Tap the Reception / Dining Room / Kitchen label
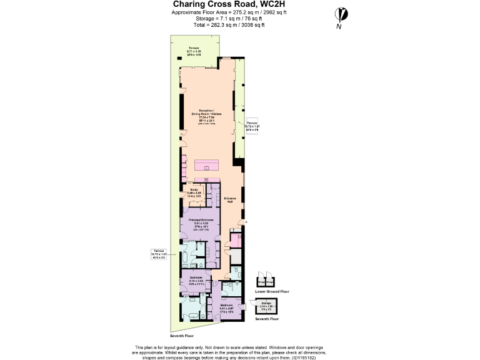pyautogui.click(x=206, y=115)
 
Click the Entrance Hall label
pyautogui.click(x=231, y=200)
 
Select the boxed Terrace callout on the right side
pyautogui.click(x=252, y=126)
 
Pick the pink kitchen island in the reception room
pyautogui.click(x=206, y=166)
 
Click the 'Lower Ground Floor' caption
pyautogui.click(x=272, y=291)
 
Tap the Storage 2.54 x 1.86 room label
pyautogui.click(x=266, y=305)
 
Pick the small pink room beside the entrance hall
pyautogui.click(x=235, y=241)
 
